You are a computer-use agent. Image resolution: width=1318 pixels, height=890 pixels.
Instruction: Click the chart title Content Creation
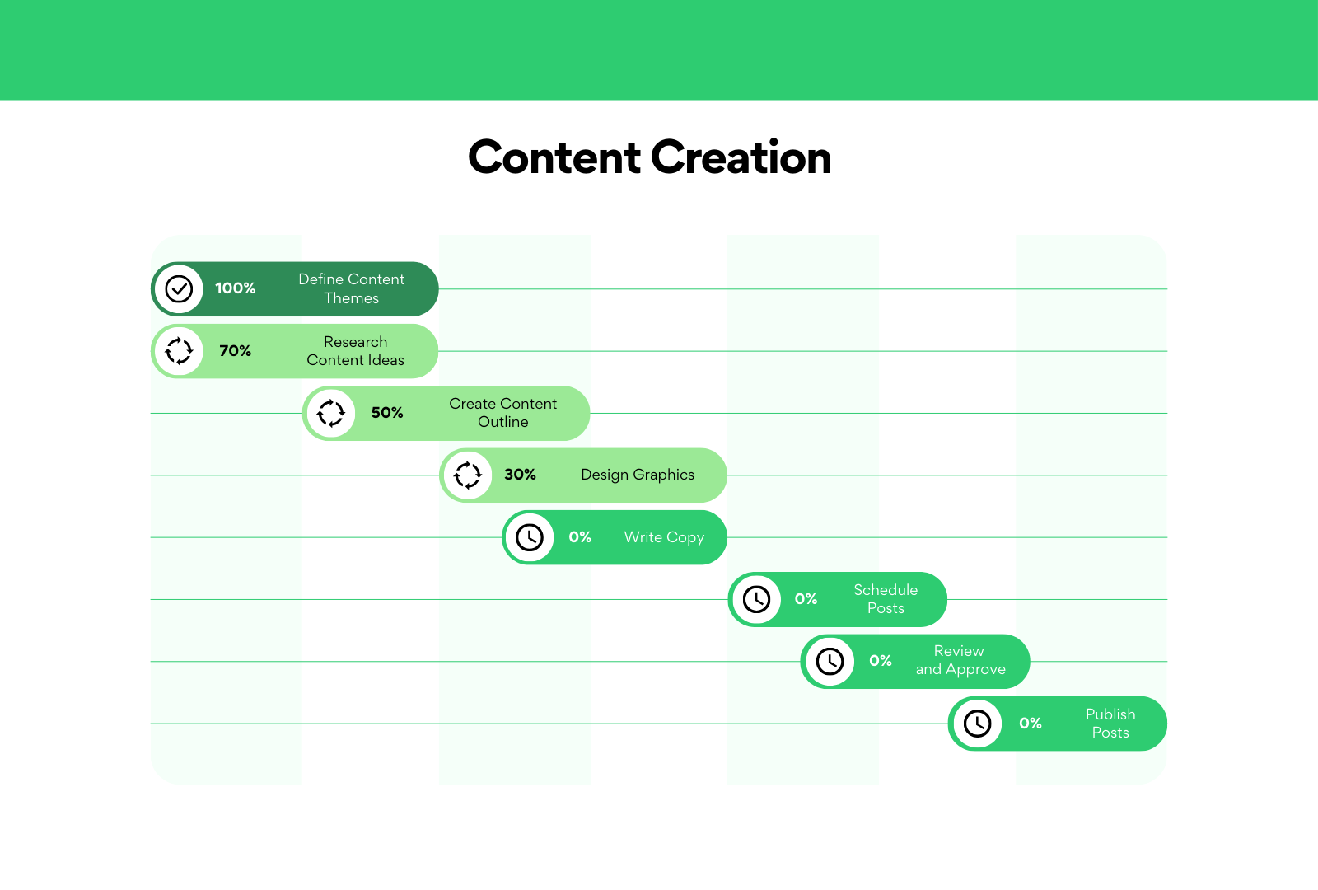[650, 157]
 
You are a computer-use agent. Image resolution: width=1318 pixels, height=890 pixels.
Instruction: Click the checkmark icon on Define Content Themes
[179, 289]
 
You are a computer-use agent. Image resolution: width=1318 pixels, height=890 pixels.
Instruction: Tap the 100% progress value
[236, 288]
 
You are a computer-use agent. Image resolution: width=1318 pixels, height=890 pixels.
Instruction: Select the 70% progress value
[236, 351]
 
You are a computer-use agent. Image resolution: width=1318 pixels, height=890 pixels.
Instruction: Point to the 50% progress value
[387, 413]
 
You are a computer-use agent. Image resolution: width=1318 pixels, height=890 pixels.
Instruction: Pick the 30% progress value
[520, 475]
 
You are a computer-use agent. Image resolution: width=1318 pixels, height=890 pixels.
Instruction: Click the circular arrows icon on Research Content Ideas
[179, 351]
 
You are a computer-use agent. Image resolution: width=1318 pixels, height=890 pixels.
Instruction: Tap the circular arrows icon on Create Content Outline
[330, 413]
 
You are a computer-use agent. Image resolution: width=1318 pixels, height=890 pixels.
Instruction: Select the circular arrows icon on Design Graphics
[468, 475]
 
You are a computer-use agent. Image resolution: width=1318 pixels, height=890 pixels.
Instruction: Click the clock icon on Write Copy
[530, 537]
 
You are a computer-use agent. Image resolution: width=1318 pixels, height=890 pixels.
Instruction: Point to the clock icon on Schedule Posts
[757, 599]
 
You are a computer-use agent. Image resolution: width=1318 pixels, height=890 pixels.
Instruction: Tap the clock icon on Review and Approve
[830, 661]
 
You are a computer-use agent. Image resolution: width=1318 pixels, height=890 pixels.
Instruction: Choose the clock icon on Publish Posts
[977, 724]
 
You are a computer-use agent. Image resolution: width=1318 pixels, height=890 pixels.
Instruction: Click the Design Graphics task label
[638, 475]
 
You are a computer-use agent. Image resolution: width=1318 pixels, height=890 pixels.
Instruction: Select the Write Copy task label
[664, 537]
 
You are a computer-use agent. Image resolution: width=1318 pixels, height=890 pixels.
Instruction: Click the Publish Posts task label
[1110, 724]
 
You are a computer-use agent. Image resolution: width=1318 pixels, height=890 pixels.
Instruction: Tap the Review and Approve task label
[960, 660]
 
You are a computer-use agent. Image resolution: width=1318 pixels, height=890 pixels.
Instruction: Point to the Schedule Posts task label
[886, 599]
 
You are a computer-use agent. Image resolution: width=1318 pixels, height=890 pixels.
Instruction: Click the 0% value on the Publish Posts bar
[1031, 723]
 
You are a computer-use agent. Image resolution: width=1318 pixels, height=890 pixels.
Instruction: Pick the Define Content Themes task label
[351, 288]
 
